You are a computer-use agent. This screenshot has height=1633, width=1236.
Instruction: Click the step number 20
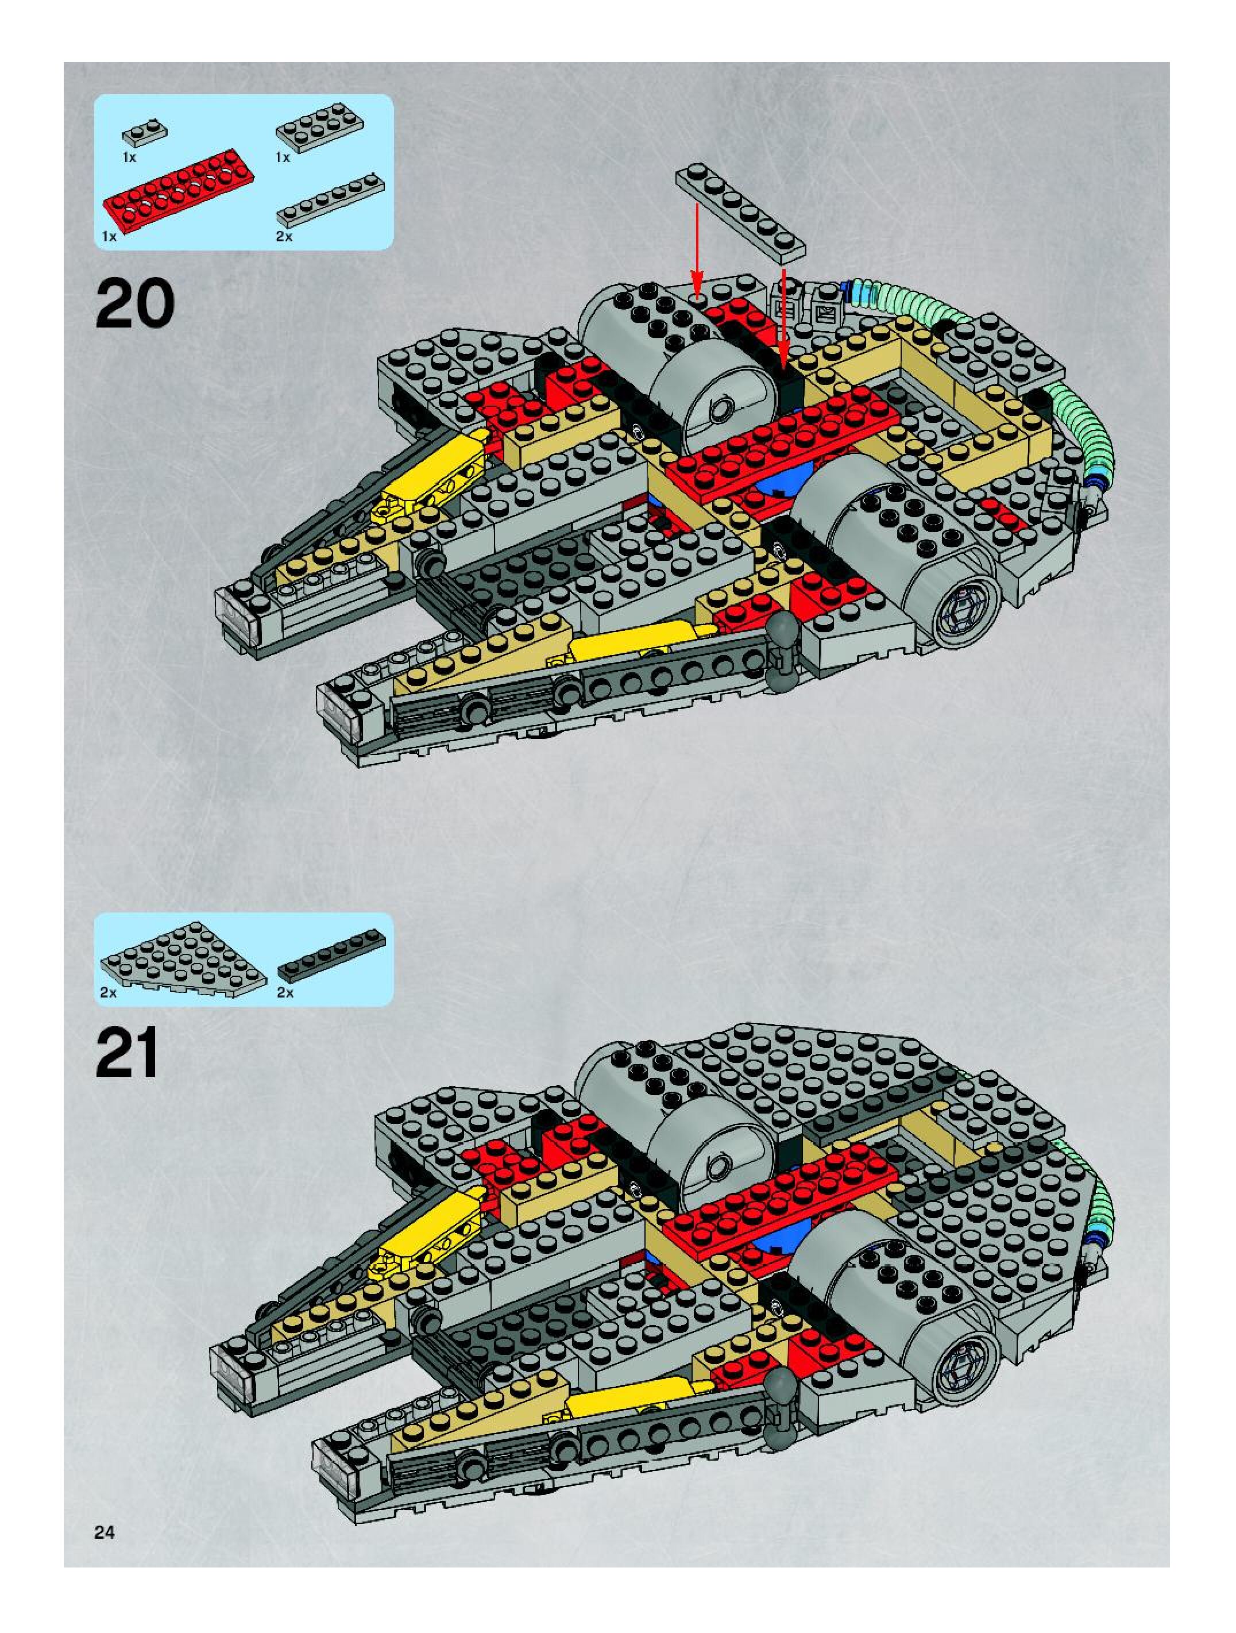[x=135, y=304]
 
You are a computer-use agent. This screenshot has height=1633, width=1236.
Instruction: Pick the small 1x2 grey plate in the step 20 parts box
[x=145, y=132]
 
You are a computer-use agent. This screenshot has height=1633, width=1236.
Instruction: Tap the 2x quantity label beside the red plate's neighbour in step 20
[x=284, y=236]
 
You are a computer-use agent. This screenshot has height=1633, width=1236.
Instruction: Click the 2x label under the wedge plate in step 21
[x=109, y=993]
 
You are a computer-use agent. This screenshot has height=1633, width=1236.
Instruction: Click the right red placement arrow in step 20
[x=783, y=317]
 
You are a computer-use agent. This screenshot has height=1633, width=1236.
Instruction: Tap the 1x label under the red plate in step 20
[x=109, y=236]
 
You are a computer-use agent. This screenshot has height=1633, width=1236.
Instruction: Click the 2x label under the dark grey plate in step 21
[x=285, y=993]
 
